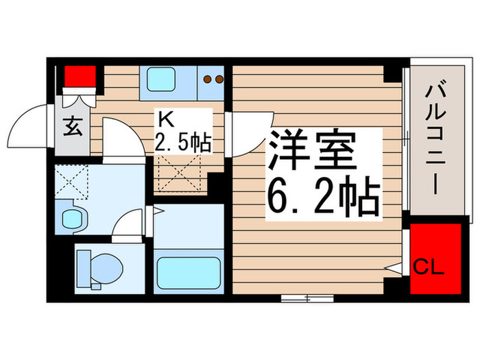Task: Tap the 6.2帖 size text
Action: [322, 197]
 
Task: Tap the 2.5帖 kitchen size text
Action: [182, 143]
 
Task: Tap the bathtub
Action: [187, 272]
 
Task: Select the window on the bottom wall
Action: [306, 298]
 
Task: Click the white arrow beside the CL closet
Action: [395, 269]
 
